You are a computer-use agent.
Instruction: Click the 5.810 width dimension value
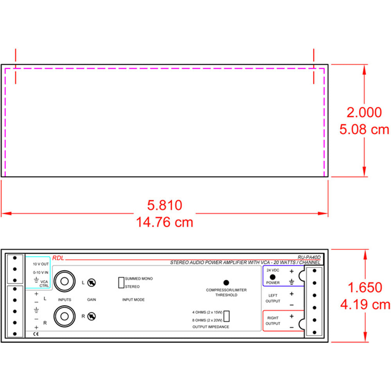pos(165,205)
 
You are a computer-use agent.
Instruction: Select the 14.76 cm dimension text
pos(165,222)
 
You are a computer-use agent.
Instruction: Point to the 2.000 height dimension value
pos(364,113)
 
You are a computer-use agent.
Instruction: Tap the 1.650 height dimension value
pos(364,287)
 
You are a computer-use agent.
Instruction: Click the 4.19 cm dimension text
pos(365,304)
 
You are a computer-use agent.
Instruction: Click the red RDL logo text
pos(58,258)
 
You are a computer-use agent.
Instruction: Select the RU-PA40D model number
pos(308,257)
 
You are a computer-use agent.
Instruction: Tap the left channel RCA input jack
pos(64,281)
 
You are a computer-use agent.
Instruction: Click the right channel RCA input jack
pos(64,316)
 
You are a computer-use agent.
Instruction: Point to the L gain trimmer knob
pos(92,282)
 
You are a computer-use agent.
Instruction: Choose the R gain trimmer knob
pos(92,316)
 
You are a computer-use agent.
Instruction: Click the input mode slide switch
pos(121,283)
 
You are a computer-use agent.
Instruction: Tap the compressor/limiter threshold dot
pos(226,282)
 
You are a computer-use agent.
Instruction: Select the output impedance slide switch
pos(226,316)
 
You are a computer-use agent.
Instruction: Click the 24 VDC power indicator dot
pos(273,276)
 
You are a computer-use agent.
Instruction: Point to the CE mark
pos(36,334)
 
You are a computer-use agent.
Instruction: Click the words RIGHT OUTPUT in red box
pos(273,321)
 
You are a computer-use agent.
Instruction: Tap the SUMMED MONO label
pos(139,279)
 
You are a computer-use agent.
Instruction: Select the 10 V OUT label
pos(41,264)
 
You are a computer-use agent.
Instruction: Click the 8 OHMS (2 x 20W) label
pos(207,320)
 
